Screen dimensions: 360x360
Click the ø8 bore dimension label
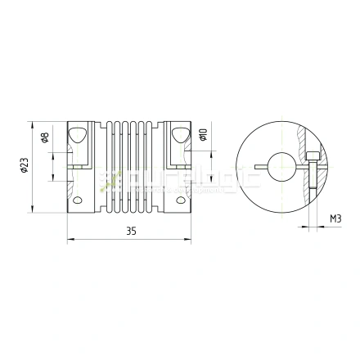point(45,136)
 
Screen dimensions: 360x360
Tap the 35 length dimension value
point(131,232)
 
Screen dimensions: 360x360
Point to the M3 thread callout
point(335,218)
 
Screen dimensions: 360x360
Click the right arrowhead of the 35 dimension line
point(191,240)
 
